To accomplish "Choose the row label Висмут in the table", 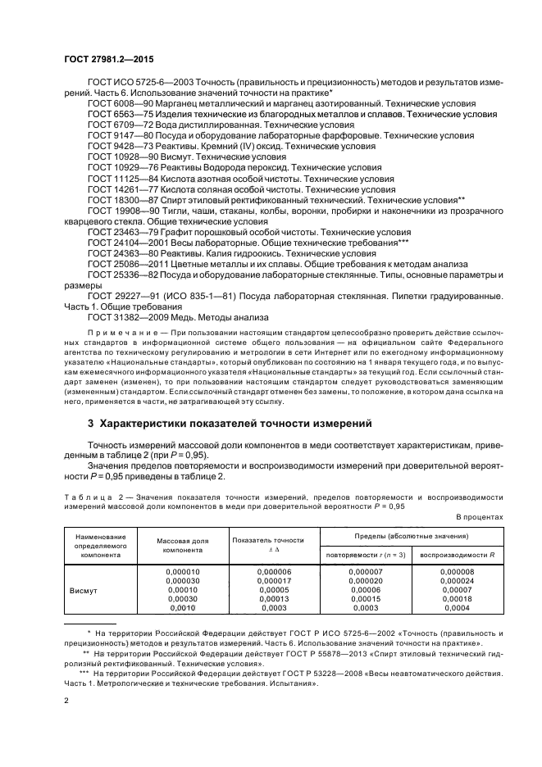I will click(x=84, y=588).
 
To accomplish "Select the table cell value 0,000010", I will click(x=182, y=570).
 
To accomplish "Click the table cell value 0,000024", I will click(x=457, y=579).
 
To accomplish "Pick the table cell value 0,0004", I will click(x=457, y=607).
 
